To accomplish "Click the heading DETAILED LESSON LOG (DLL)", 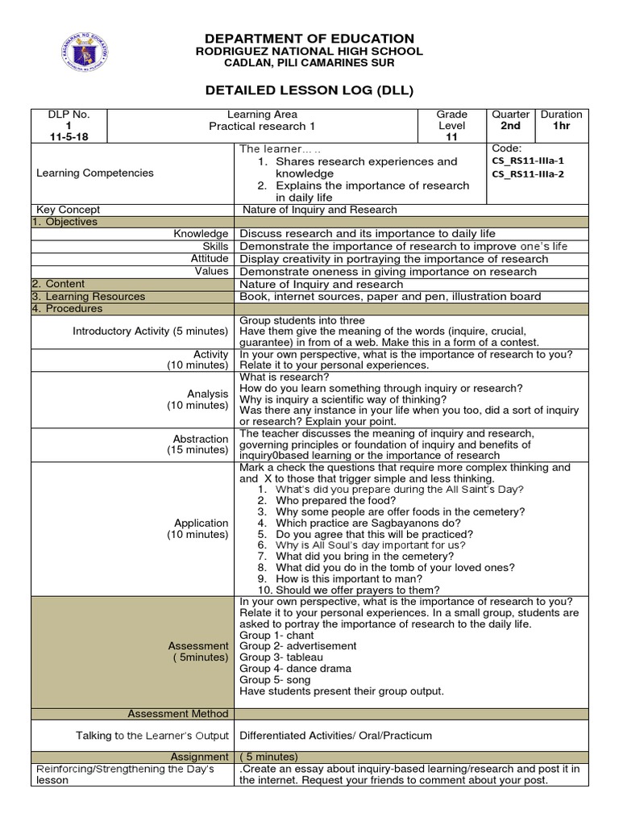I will coord(309,90).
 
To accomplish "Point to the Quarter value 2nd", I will coord(510,127).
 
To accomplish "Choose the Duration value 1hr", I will coord(561,127).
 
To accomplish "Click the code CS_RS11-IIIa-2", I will coord(527,173).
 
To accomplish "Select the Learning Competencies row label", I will coord(95,173).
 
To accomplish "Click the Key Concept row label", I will coord(69,210).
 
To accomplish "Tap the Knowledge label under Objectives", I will coord(201,233).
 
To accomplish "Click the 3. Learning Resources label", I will coord(89,296).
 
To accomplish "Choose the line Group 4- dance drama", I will coord(296,669).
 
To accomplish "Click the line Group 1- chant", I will coord(277,635).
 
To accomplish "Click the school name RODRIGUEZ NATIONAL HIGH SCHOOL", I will coord(309,52).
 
